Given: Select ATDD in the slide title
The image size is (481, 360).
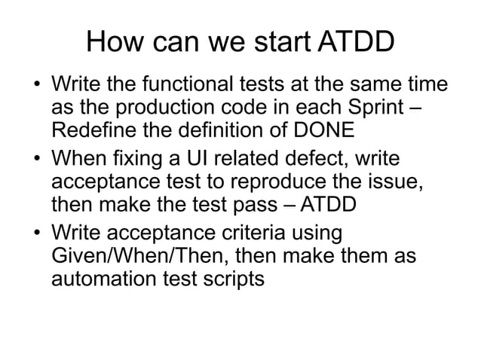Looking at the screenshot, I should pyautogui.click(x=355, y=42).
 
